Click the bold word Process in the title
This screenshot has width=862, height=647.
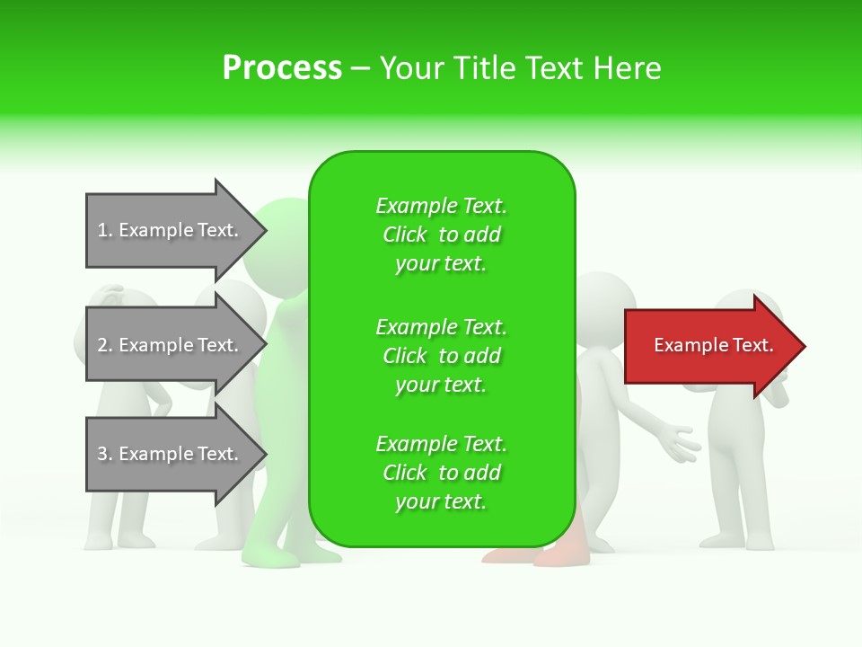282,68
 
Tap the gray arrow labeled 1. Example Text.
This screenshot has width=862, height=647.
171,230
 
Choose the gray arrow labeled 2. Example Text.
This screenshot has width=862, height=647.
171,345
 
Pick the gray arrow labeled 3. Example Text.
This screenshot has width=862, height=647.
171,454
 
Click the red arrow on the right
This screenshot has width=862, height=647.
709,346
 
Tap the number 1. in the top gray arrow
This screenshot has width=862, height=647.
105,230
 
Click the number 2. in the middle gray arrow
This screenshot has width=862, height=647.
105,345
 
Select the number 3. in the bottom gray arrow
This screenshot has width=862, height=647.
105,454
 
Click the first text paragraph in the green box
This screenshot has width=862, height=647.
441,235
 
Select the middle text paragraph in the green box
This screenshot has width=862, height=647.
441,356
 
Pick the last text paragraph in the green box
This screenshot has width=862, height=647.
441,473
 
